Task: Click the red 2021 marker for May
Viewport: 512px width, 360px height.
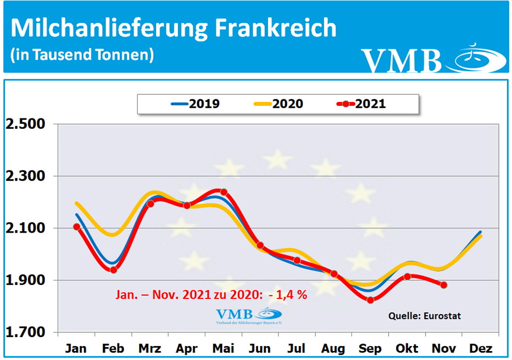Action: (x=224, y=192)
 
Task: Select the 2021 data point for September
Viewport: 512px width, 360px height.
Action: (x=370, y=300)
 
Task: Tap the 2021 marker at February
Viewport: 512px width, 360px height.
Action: (x=113, y=270)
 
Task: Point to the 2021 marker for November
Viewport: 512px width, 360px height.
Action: (x=443, y=285)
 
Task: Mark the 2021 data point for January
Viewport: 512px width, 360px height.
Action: (x=76, y=227)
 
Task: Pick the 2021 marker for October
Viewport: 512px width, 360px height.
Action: (x=407, y=276)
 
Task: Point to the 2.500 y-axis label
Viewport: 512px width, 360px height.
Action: (x=25, y=124)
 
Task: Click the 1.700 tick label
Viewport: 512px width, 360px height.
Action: (x=25, y=332)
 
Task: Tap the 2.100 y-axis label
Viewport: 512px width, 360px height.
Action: (x=25, y=228)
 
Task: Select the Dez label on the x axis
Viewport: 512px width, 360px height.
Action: (x=481, y=348)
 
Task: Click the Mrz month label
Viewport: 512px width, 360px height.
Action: (x=150, y=348)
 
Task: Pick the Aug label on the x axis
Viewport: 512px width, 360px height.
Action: (x=333, y=348)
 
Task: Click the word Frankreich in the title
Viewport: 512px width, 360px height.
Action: (x=275, y=28)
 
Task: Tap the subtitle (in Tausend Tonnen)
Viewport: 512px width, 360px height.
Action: (x=82, y=55)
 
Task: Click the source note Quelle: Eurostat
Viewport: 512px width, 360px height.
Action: (x=424, y=316)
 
